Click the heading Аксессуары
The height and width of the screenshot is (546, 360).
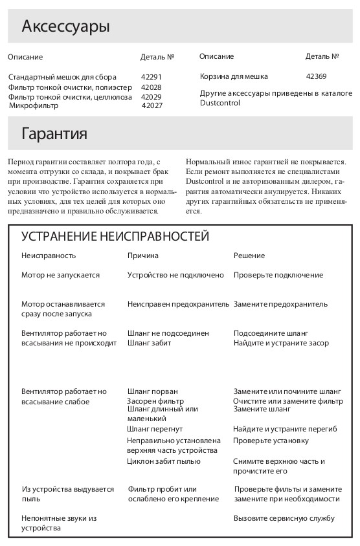(x=65, y=27)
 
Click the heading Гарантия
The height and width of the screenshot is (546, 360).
(x=54, y=134)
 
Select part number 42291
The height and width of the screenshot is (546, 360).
(x=152, y=77)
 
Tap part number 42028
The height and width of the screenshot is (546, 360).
(x=152, y=87)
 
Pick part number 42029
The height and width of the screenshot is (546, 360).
(x=152, y=97)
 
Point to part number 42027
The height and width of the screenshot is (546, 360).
(x=152, y=105)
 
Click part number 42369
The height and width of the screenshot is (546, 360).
(x=316, y=76)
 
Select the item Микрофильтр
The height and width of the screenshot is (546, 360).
(x=33, y=105)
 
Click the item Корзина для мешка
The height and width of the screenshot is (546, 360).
(x=234, y=76)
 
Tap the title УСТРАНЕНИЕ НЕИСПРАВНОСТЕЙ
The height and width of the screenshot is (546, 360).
(x=115, y=236)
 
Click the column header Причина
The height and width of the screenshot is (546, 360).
(x=143, y=256)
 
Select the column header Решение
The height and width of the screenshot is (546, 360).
(x=249, y=256)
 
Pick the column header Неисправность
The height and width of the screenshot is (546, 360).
(x=49, y=256)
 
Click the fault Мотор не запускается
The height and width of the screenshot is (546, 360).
(x=61, y=275)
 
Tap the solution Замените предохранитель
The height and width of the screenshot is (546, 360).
(x=280, y=304)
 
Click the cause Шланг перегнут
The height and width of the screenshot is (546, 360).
(x=155, y=429)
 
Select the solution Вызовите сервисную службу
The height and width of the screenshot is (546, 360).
(x=284, y=518)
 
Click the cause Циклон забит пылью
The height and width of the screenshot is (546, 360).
(x=164, y=461)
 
